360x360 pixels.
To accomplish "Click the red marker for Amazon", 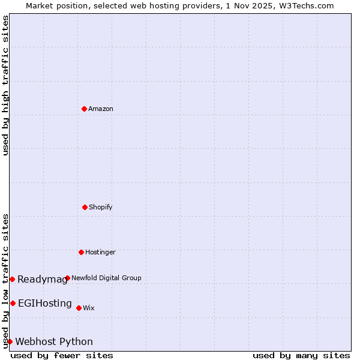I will coord(84,109).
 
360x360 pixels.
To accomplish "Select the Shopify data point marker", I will coord(85,207).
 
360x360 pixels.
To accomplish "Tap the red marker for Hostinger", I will coord(81,252).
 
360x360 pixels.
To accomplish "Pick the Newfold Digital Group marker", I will coord(67,278).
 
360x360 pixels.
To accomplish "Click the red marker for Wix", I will coord(79,308).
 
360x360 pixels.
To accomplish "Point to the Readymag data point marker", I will coord(12,279).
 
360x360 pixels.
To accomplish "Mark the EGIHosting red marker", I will coord(13,303).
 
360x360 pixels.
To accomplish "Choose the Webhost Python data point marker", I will coord(10,341).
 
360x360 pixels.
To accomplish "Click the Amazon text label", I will coord(101,109).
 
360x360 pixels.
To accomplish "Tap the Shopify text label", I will coord(101,207).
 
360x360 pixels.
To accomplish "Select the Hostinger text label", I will coord(100,252).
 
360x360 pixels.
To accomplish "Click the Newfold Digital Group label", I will coord(106,278).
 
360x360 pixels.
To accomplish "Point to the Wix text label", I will coord(89,308).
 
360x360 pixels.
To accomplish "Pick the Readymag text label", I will coord(42,279).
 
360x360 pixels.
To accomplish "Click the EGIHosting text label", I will coord(45,303).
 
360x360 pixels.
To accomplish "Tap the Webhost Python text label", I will coord(54,341).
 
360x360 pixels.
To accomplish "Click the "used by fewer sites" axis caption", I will coord(62,355).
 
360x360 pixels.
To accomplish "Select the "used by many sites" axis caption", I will coord(301,355).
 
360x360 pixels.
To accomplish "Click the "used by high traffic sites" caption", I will coord(5,85).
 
